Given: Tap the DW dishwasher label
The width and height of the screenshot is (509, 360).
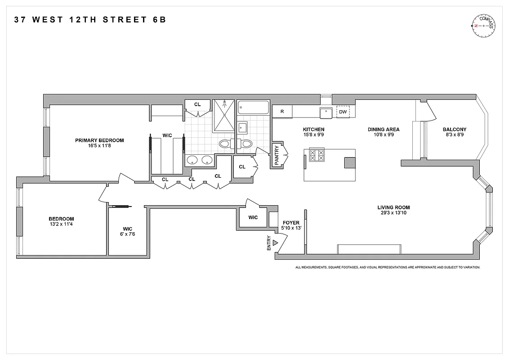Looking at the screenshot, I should point(343,112).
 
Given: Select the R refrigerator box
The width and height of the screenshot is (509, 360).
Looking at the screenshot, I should point(282,112).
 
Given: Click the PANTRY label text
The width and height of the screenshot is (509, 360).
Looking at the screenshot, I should point(277,155).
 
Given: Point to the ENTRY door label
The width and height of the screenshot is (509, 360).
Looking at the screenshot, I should point(269,243).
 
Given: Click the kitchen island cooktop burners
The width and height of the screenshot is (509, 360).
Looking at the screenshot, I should point(317,155).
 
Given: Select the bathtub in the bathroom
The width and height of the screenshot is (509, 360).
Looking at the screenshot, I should point(253,108).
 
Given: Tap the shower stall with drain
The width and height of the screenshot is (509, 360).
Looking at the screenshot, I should point(223,115).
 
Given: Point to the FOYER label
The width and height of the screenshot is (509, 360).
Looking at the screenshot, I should point(291,223).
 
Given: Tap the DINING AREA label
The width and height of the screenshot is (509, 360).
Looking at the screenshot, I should point(384,129).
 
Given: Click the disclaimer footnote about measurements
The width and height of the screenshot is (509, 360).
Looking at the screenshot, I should point(388,267).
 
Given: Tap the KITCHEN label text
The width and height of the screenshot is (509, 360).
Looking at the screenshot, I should point(313,129).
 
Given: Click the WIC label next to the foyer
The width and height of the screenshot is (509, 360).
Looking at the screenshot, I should point(253,217).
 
